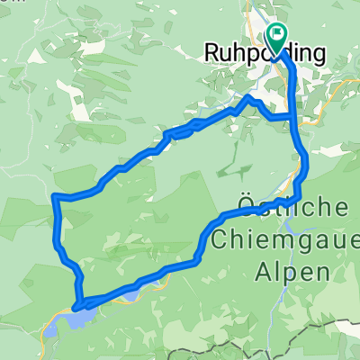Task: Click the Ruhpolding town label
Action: click(x=265, y=53)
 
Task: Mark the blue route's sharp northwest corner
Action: click(x=57, y=196)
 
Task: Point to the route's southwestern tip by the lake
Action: click(x=76, y=307)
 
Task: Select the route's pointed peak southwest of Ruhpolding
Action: click(x=250, y=96)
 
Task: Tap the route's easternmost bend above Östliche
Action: click(x=307, y=162)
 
